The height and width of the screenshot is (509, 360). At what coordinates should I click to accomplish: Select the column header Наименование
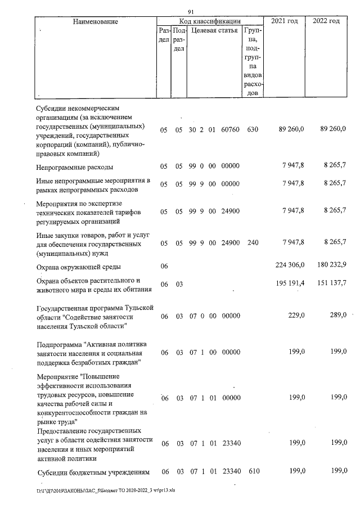[95, 21]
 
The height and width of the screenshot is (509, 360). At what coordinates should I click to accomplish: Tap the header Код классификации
[210, 21]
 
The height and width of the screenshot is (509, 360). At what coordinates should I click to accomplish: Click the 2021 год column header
[285, 21]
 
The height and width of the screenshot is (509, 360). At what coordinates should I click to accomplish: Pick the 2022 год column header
[326, 21]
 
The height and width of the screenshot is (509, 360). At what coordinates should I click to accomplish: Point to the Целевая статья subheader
[214, 30]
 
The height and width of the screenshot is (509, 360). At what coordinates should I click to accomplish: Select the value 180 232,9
[331, 265]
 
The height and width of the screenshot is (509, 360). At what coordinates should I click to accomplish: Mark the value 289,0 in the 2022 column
[337, 316]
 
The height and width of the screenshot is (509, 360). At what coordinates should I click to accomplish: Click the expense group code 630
[252, 130]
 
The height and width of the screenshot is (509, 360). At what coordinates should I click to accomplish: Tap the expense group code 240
[252, 242]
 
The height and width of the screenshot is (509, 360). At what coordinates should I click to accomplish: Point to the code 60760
[231, 130]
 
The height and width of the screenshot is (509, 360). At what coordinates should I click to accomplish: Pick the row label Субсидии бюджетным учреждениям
[91, 472]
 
